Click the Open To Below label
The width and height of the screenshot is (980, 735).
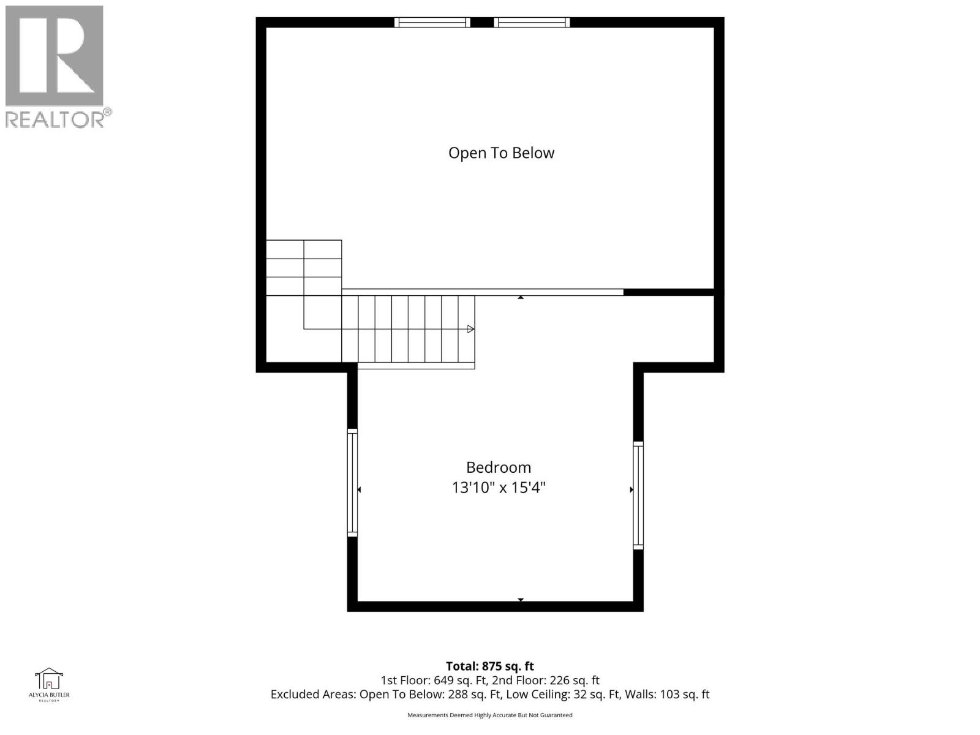pyautogui.click(x=501, y=153)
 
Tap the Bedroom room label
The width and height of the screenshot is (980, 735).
pyautogui.click(x=499, y=467)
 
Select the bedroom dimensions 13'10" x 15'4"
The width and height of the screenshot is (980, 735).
pyautogui.click(x=499, y=488)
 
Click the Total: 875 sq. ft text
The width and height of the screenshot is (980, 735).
pyautogui.click(x=489, y=666)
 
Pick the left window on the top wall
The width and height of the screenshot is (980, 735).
pyautogui.click(x=432, y=23)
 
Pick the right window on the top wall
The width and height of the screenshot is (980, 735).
pyautogui.click(x=532, y=23)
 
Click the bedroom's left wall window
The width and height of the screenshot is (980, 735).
pyautogui.click(x=352, y=483)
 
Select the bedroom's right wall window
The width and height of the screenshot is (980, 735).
pyautogui.click(x=638, y=495)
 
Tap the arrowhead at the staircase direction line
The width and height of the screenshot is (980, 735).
pyautogui.click(x=470, y=330)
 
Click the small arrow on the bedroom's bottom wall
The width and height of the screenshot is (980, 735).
pyautogui.click(x=521, y=600)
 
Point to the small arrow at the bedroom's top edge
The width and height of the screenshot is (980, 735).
pyautogui.click(x=521, y=298)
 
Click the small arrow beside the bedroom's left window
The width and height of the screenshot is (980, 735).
pyautogui.click(x=360, y=489)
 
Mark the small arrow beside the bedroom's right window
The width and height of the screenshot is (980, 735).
pyautogui.click(x=631, y=489)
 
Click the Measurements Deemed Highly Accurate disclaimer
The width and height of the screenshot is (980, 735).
pyautogui.click(x=489, y=715)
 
